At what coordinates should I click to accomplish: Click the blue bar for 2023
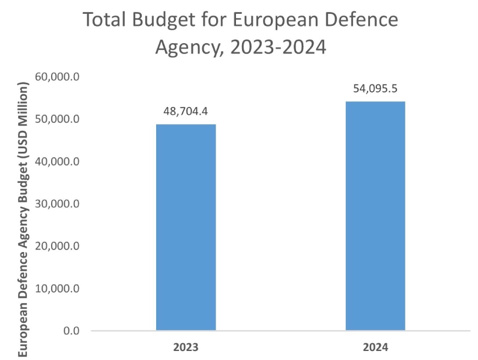click(x=186, y=227)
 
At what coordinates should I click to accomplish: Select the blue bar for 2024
click(x=375, y=216)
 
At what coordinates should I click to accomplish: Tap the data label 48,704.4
click(x=186, y=112)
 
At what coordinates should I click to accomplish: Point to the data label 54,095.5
click(x=375, y=88)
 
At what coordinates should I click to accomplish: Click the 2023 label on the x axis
click(x=186, y=347)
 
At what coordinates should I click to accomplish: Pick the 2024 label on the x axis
click(x=375, y=347)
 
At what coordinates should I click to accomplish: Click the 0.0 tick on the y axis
click(x=72, y=331)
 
